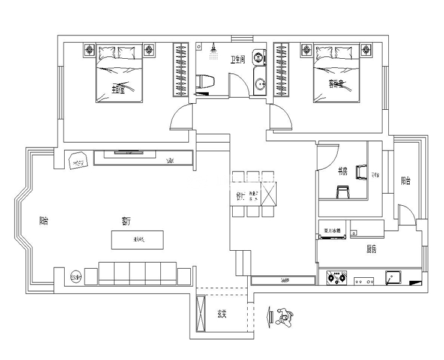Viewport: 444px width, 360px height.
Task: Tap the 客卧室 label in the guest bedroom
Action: (335, 83)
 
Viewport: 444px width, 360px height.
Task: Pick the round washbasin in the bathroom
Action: (259, 58)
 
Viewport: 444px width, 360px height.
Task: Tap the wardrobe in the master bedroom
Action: (181, 70)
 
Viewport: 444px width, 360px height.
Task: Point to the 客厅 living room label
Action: (125, 221)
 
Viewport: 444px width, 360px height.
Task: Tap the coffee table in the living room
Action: (137, 240)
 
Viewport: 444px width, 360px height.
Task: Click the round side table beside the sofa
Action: (75, 276)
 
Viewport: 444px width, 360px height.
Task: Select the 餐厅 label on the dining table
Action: (239, 195)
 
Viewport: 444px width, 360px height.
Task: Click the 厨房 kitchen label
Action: (372, 248)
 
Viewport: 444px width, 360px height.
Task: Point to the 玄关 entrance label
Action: (222, 313)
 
